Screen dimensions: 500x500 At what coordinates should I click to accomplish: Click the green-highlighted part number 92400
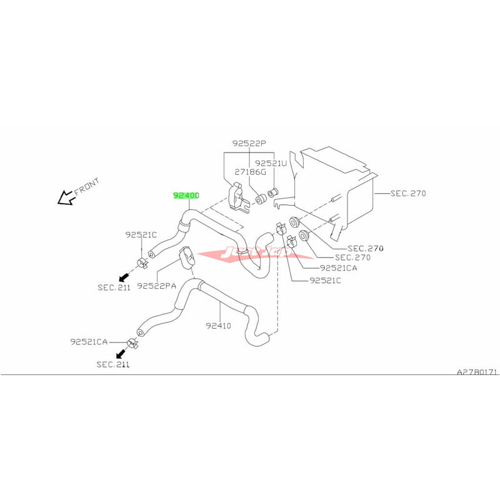186,196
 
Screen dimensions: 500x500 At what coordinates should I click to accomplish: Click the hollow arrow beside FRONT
65,198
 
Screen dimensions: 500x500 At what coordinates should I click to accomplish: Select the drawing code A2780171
477,372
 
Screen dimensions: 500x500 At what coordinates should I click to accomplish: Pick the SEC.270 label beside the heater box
408,194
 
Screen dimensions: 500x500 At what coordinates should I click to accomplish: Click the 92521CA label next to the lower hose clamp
89,342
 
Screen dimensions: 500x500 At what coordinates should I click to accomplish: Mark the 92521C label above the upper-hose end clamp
141,235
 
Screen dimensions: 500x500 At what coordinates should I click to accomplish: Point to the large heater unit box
334,187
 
